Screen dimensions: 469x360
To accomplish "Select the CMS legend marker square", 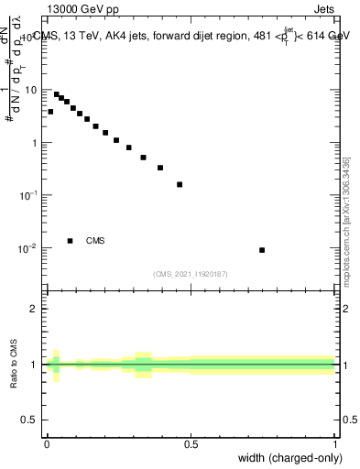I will coord(70,241).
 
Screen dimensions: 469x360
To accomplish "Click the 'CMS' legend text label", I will coord(95,241).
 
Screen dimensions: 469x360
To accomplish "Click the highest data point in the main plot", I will coord(56,94).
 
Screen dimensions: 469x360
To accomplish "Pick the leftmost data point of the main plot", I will coord(50,112).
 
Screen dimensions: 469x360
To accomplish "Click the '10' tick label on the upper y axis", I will coord(31,90).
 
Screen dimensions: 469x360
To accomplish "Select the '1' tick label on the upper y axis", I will coord(36,143).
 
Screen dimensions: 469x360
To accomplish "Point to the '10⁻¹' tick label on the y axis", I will coord(29,195).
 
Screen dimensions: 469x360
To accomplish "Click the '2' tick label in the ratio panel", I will coord(35,309).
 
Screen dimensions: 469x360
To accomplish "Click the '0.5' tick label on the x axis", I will coord(191,443).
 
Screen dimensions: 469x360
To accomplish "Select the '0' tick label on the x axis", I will coord(47,443).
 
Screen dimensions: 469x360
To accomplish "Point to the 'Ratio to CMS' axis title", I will coord(13,364).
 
